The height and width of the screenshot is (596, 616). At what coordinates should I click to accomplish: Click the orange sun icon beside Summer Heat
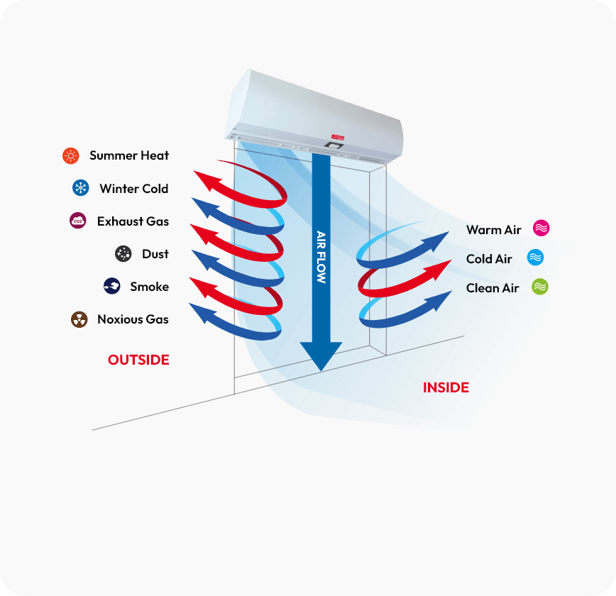pyautogui.click(x=70, y=155)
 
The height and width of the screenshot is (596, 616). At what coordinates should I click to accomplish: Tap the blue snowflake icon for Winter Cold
pyautogui.click(x=80, y=188)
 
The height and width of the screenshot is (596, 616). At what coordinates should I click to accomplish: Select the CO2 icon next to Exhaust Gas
pyautogui.click(x=78, y=221)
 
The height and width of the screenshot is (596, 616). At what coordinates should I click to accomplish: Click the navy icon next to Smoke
pyautogui.click(x=111, y=287)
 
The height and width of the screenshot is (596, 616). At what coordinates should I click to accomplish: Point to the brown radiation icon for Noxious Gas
pyautogui.click(x=79, y=319)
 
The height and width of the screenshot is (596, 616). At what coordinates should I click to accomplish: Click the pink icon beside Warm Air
pyautogui.click(x=541, y=228)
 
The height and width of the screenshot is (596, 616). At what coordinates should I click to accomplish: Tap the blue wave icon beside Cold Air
pyautogui.click(x=535, y=258)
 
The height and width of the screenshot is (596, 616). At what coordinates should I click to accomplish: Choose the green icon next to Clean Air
pyautogui.click(x=540, y=287)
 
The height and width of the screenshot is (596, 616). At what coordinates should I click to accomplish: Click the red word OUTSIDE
pyautogui.click(x=138, y=360)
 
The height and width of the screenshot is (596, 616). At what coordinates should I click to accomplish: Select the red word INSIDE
pyautogui.click(x=446, y=387)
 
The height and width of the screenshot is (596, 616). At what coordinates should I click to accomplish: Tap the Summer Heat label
pyautogui.click(x=129, y=155)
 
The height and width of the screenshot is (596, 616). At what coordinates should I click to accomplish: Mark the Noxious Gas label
pyautogui.click(x=133, y=319)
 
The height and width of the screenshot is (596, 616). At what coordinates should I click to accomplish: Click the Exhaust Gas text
pyautogui.click(x=133, y=221)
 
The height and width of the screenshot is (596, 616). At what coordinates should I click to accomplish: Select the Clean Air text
pyautogui.click(x=493, y=287)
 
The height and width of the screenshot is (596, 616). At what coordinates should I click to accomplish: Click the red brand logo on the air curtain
pyautogui.click(x=334, y=135)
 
